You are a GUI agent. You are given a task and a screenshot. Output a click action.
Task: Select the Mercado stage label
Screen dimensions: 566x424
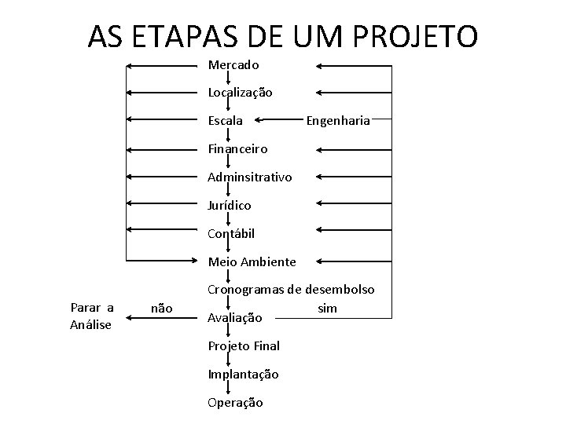(233, 65)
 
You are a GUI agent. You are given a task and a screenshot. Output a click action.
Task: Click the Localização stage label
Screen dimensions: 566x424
(241, 93)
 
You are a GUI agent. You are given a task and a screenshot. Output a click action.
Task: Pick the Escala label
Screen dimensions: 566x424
(226, 121)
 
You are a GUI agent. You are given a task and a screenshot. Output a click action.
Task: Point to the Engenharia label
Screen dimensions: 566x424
(338, 121)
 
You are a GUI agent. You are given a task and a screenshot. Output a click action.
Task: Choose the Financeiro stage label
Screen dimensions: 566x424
(237, 148)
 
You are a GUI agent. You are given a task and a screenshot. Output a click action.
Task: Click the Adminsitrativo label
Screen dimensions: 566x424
(249, 177)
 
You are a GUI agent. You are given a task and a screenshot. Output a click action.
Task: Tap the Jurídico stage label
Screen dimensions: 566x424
(230, 205)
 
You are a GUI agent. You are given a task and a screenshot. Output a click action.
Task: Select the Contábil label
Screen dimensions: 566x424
(231, 233)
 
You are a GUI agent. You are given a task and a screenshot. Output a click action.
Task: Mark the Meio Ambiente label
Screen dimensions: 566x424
(252, 261)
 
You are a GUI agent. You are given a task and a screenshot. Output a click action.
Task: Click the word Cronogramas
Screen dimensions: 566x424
(244, 290)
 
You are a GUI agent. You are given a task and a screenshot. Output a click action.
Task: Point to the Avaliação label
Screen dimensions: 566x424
(235, 318)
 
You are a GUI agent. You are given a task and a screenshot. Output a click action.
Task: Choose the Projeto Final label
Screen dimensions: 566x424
(244, 346)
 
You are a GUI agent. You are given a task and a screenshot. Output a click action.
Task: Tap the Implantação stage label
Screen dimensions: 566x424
(243, 375)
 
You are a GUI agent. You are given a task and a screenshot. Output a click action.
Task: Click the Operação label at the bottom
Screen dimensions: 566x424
(235, 403)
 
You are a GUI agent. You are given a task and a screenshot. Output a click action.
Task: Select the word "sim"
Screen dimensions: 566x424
(327, 308)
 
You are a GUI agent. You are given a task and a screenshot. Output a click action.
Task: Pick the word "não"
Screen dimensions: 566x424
(161, 308)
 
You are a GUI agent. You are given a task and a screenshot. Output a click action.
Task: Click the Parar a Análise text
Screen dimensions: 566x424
(92, 315)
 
